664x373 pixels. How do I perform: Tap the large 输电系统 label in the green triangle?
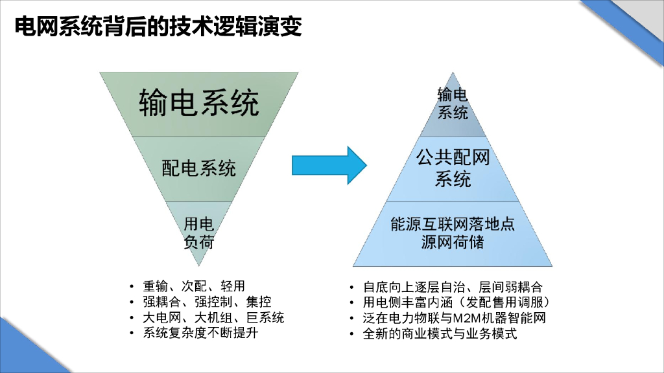coord(198,102)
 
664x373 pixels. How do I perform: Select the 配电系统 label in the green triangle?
coord(198,168)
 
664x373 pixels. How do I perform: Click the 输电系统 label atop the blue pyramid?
coord(453,104)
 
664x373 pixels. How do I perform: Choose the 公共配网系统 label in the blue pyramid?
coord(453,168)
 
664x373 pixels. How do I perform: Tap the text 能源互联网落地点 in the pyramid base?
coord(453,225)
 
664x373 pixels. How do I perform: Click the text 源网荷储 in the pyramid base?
coord(453,243)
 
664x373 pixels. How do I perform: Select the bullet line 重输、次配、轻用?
coord(194,286)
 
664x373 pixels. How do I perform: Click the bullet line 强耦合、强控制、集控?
coord(207,302)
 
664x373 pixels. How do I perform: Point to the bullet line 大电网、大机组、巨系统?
coord(213,318)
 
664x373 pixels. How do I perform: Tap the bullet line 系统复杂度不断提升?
coord(207,334)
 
